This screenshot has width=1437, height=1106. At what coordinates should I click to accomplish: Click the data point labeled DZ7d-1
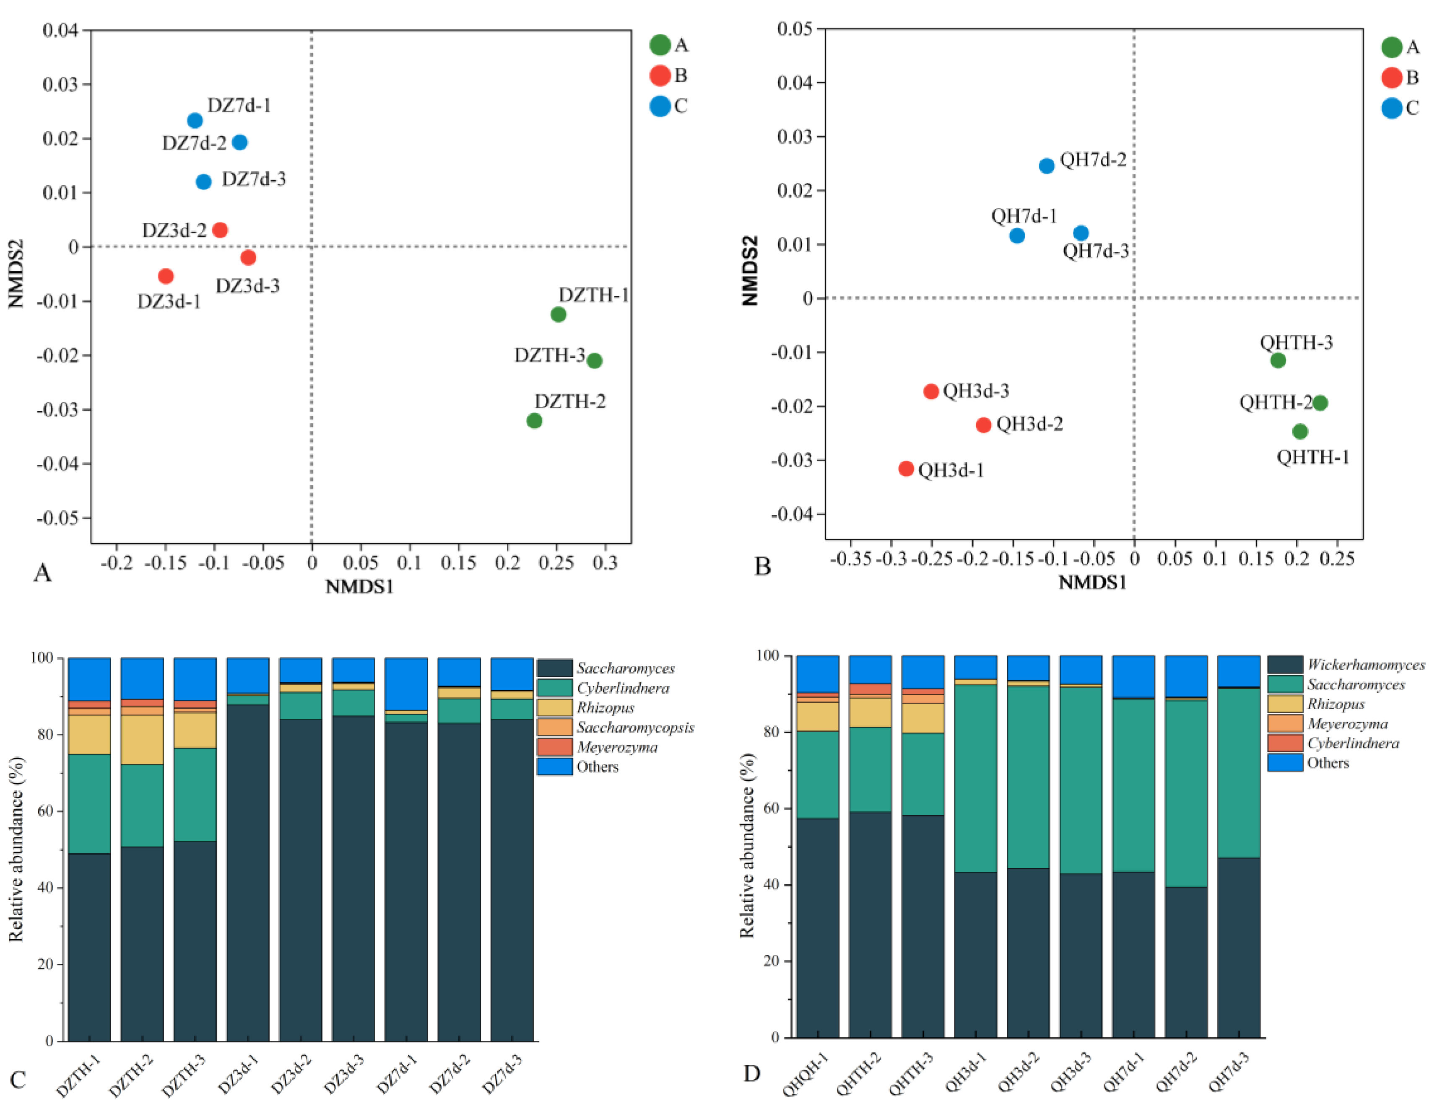(195, 120)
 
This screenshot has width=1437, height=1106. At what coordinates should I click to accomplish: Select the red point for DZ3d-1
(166, 276)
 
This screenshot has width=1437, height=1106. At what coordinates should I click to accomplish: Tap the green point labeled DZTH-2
(534, 421)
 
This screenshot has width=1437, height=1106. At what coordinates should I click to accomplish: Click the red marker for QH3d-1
(906, 469)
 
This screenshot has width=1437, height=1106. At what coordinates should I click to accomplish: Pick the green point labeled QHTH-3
(1278, 360)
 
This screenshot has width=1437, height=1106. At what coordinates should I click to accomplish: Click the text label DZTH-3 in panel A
(549, 355)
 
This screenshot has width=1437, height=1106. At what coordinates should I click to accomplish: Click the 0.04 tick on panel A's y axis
(60, 30)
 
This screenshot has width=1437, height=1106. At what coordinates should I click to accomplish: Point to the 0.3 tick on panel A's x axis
(605, 563)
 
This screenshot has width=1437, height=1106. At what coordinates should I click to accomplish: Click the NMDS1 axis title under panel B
(1092, 583)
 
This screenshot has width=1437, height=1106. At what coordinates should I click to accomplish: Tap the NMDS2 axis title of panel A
(16, 274)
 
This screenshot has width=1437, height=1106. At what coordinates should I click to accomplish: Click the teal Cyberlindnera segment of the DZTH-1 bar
(89, 803)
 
